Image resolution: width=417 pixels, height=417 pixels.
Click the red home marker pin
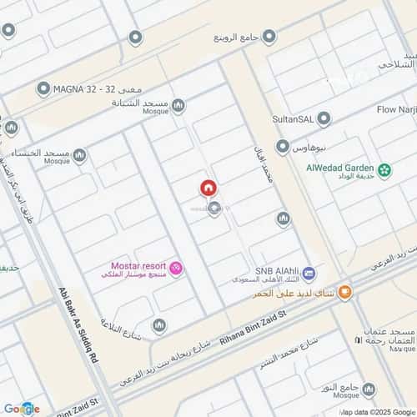click(x=208, y=189)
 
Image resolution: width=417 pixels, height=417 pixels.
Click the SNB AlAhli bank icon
click(x=309, y=273)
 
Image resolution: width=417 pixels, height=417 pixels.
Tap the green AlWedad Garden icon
click(x=384, y=171)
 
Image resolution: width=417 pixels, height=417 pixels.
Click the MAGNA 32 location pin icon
click(x=43, y=88)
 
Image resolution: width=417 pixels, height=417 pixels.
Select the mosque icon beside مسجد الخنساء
click(x=79, y=155)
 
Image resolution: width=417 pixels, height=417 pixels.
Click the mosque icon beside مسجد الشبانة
click(x=178, y=105)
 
